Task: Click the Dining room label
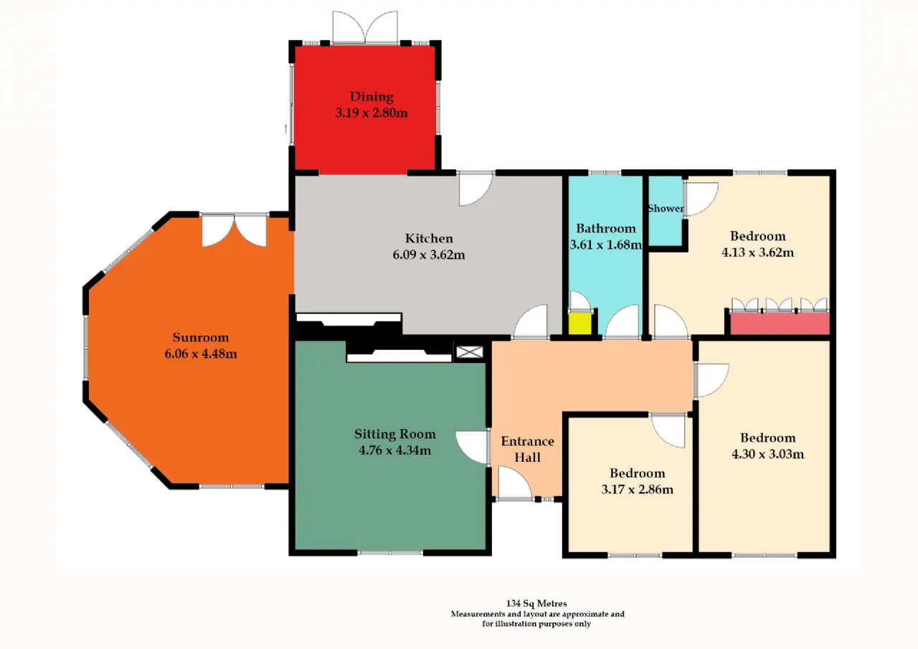point(372,97)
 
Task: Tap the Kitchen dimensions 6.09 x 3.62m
point(429,255)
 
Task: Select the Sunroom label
point(201,337)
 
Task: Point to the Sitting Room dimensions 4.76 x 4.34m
point(394,450)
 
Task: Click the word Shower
point(666,209)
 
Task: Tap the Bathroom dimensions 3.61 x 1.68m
point(606,245)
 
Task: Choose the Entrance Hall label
point(527,449)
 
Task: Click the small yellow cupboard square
point(580,323)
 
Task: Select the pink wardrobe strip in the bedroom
point(780,323)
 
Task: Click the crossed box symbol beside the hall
point(469,351)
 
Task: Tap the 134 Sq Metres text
point(536,603)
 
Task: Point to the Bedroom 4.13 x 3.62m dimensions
point(757,252)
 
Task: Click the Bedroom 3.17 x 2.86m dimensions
point(637,489)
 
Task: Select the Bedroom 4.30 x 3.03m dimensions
point(767,454)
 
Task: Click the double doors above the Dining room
point(365,27)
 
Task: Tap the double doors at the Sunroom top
point(235,230)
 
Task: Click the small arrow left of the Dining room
point(285,128)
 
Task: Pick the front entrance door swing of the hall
point(515,483)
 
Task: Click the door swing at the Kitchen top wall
point(475,189)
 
